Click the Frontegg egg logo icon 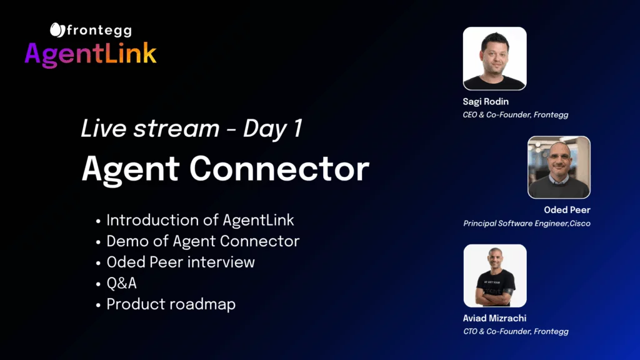click(57, 30)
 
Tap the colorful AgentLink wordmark click(90, 54)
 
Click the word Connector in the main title click(279, 169)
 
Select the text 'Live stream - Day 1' click(191, 129)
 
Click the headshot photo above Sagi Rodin click(495, 58)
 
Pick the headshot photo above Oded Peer click(559, 167)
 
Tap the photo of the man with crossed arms click(495, 276)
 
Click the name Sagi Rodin click(486, 102)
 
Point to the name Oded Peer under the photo click(567, 210)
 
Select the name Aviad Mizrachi click(495, 318)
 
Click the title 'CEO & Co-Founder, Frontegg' click(516, 115)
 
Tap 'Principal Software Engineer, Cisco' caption click(527, 224)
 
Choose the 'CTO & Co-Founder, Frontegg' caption click(516, 331)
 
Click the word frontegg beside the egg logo click(99, 31)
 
